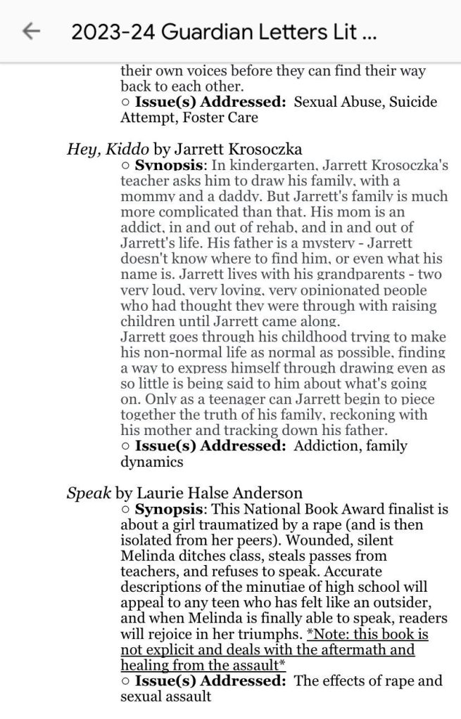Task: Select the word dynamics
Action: pos(151,462)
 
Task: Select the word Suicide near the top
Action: pos(413,102)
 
